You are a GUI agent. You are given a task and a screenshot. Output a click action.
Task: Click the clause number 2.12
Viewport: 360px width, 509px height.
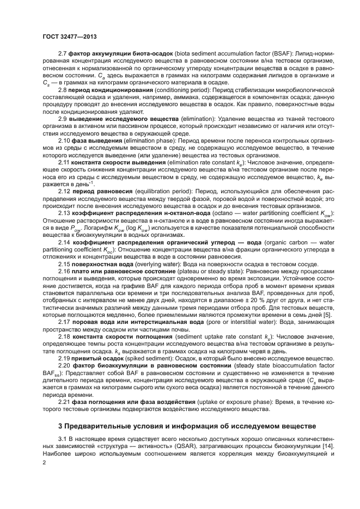pyautogui.click(x=64, y=191)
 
